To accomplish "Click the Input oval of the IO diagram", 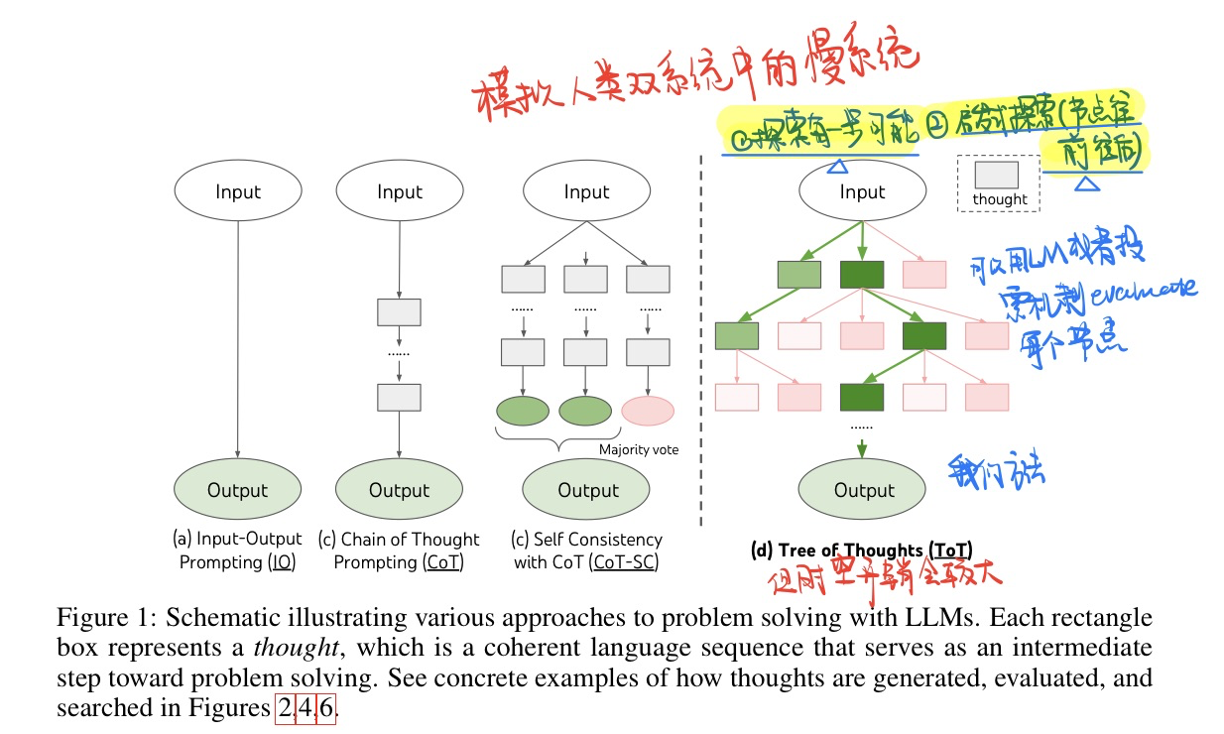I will (x=237, y=191).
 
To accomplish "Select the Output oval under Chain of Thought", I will (x=399, y=490).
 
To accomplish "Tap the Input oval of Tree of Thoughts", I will (x=862, y=191).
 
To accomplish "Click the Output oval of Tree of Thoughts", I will (x=864, y=490).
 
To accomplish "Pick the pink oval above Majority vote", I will (x=647, y=412).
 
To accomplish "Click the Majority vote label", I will (x=639, y=449).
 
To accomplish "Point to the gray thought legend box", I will (x=996, y=176).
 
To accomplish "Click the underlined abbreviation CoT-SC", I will (x=625, y=562).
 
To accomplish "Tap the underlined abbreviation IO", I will (x=282, y=562).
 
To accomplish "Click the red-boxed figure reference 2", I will (x=285, y=710).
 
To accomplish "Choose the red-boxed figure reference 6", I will (x=326, y=710).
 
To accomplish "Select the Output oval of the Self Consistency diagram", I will (x=587, y=490).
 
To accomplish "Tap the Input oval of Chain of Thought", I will (x=399, y=191).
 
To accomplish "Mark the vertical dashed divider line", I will (x=702, y=337).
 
